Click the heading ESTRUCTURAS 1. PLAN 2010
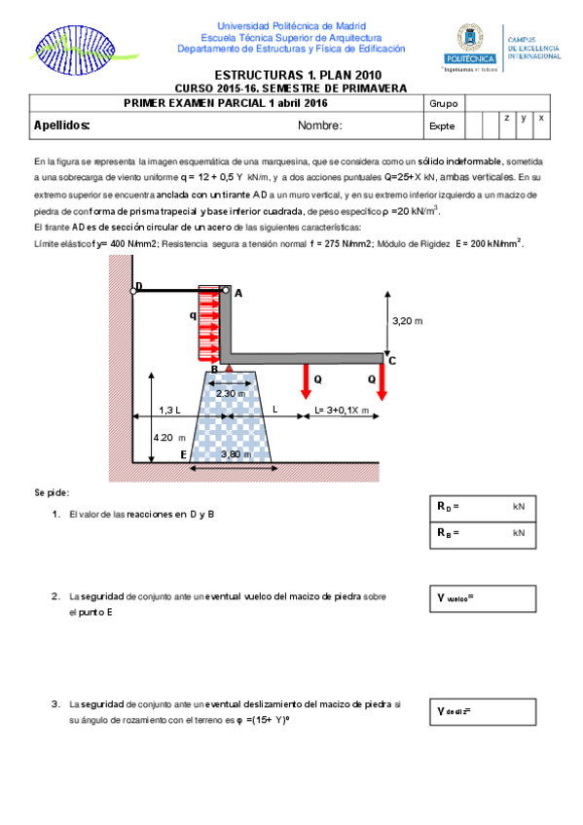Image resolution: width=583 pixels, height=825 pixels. point(297,75)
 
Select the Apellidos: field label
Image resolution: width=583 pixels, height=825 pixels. point(62,126)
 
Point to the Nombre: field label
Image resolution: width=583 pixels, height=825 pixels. point(320,126)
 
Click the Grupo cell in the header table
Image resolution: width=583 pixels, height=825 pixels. point(443,103)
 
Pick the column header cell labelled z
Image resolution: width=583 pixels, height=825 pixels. point(506,118)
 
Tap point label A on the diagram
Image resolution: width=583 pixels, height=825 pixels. point(238,293)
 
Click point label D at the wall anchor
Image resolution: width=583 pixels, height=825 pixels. point(138,286)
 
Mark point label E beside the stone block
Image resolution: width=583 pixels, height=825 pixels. point(183,454)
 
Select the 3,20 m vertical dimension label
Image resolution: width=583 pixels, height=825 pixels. point(407,319)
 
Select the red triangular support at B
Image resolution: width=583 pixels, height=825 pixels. point(228,368)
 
